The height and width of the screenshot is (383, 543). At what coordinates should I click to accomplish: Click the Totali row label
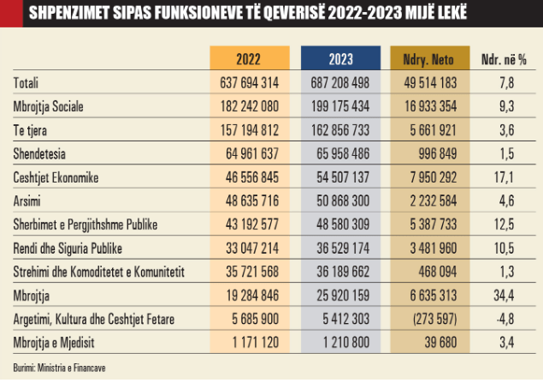27,82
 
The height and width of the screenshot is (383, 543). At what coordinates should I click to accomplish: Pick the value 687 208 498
341,82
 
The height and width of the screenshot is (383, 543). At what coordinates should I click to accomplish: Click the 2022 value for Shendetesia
250,154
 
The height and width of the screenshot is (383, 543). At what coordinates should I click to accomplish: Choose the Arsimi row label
27,202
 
